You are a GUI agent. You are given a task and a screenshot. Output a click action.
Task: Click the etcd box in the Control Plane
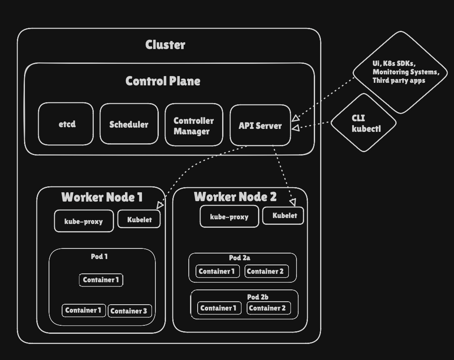pos(66,124)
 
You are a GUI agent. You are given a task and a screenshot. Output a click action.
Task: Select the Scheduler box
pos(129,124)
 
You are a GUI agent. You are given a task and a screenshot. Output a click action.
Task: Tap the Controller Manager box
pos(193,125)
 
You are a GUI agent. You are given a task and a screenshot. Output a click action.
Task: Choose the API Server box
pos(260,125)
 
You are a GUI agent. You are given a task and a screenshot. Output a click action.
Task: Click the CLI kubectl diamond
pos(363,123)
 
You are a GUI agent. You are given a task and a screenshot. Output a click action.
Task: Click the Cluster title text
pos(165,45)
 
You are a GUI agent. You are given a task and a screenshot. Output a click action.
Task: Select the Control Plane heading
pos(163,81)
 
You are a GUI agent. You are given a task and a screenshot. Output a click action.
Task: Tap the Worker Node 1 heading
pos(102,197)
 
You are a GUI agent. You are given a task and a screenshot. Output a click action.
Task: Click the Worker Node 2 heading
pos(235,196)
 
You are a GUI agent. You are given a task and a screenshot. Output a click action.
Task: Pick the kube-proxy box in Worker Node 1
pos(84,221)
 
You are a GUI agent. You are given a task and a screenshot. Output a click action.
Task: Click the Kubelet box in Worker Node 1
pos(139,219)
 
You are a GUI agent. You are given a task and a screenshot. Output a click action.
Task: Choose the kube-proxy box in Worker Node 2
pos(229,217)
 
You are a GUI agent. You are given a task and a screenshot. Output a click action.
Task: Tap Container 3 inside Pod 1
pos(129,311)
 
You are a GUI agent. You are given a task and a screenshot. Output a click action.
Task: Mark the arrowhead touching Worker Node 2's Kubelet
pos(293,203)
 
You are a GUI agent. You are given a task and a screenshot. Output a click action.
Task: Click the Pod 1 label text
pos(99,256)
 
